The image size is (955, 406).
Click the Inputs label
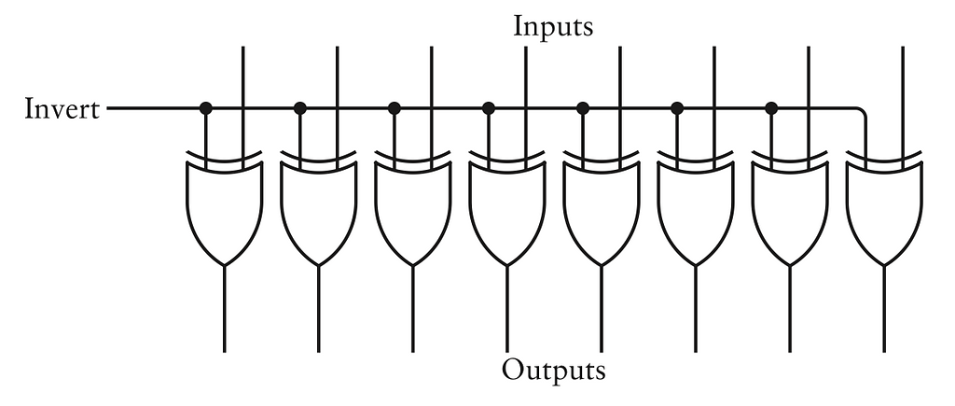click(553, 26)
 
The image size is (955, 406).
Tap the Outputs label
click(553, 370)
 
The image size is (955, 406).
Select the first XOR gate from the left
click(225, 210)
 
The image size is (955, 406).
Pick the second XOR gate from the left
click(319, 210)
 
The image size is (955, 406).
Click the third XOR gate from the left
click(413, 210)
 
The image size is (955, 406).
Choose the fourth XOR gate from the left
click(507, 210)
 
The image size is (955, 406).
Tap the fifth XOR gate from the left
click(602, 210)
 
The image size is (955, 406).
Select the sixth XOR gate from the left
click(696, 210)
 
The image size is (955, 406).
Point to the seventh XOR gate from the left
click(790, 210)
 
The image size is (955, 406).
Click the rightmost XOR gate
click(884, 210)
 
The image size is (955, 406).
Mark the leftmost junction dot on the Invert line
click(206, 108)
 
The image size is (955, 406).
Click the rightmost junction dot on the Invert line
click(771, 108)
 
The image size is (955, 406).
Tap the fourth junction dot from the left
click(489, 108)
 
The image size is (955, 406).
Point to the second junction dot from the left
click(300, 108)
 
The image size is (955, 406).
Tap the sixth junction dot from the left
click(677, 108)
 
